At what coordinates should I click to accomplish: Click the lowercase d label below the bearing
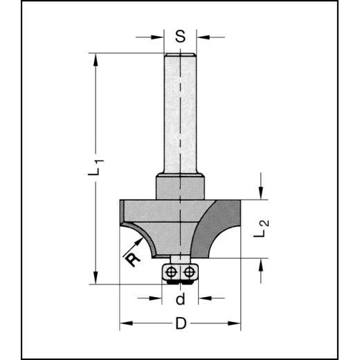coord(180,300)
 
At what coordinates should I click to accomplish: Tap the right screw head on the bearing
coord(188,272)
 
